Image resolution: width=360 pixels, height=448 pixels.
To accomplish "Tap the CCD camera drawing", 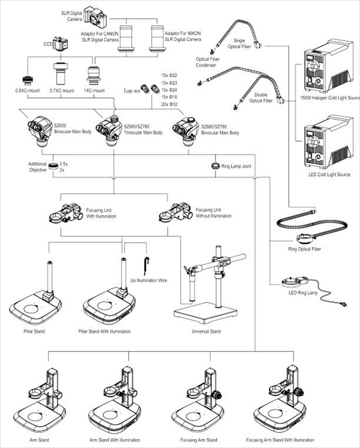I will (60, 44).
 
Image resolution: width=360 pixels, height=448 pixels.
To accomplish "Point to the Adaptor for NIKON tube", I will (157, 39).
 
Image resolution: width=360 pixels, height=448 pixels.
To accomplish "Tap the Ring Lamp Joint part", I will (216, 166).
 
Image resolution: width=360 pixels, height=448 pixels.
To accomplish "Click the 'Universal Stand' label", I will (206, 332).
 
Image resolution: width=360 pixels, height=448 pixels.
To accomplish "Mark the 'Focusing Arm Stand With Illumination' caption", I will (280, 440).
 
